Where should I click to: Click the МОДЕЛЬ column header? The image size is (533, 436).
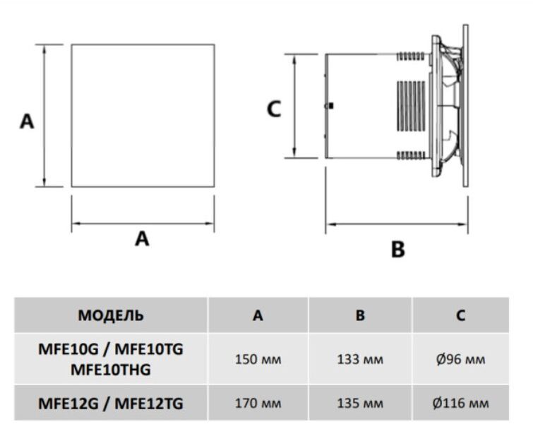tap(111, 315)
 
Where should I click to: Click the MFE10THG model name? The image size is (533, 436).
tap(111, 368)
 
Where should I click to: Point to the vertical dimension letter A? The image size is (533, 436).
tap(26, 121)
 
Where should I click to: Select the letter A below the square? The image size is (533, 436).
tap(143, 239)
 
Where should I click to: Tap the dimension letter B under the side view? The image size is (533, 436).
tap(398, 248)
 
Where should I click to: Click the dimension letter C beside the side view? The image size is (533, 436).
tap(273, 109)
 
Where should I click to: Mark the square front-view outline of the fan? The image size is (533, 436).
tap(142, 116)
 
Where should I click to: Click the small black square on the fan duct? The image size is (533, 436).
tap(329, 107)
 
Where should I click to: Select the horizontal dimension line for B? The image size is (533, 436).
tap(396, 225)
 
